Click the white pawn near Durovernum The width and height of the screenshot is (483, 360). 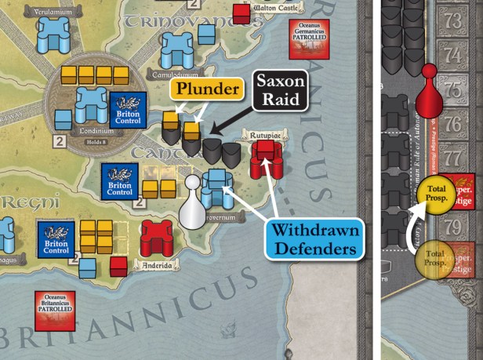point(191,202)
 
